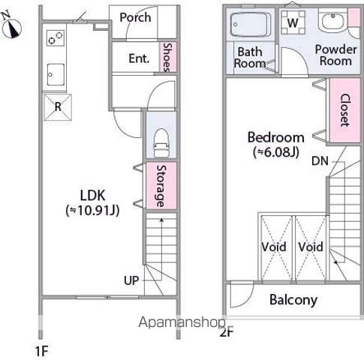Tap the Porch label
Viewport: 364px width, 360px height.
tap(135, 17)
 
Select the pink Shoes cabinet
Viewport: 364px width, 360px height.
tap(168, 57)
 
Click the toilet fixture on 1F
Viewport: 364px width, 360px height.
tap(161, 143)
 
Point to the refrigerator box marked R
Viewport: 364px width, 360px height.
tap(58, 107)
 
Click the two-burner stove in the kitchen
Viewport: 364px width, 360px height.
tap(56, 38)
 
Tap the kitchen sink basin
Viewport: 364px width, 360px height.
tap(56, 74)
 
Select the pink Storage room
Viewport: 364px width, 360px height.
tap(161, 185)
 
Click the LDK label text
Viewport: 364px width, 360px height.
tap(92, 196)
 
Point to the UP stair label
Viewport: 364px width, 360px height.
tap(131, 280)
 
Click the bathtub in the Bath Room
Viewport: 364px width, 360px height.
tap(250, 25)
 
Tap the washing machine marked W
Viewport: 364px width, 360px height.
tap(293, 22)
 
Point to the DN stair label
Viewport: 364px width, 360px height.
tap(320, 160)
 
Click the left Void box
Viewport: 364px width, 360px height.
tap(276, 247)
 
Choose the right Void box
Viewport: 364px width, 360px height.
tap(311, 247)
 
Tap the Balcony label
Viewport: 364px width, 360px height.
tap(293, 300)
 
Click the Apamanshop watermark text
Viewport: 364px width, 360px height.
tap(182, 322)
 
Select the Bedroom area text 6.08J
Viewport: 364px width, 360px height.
tap(276, 152)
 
